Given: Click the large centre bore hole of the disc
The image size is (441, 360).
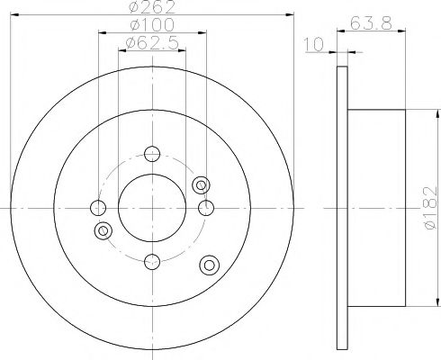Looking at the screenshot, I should (x=151, y=208).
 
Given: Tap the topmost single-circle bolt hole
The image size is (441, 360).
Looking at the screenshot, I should (x=151, y=154).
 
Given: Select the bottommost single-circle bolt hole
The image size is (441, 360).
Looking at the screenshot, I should (x=151, y=262).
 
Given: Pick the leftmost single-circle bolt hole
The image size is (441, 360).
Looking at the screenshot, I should (x=96, y=208).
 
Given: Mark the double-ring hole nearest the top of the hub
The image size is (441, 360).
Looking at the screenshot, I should (x=201, y=184).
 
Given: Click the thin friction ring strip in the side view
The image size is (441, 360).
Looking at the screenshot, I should (x=341, y=207).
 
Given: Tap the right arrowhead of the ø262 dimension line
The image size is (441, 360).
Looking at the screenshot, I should (x=290, y=14).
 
